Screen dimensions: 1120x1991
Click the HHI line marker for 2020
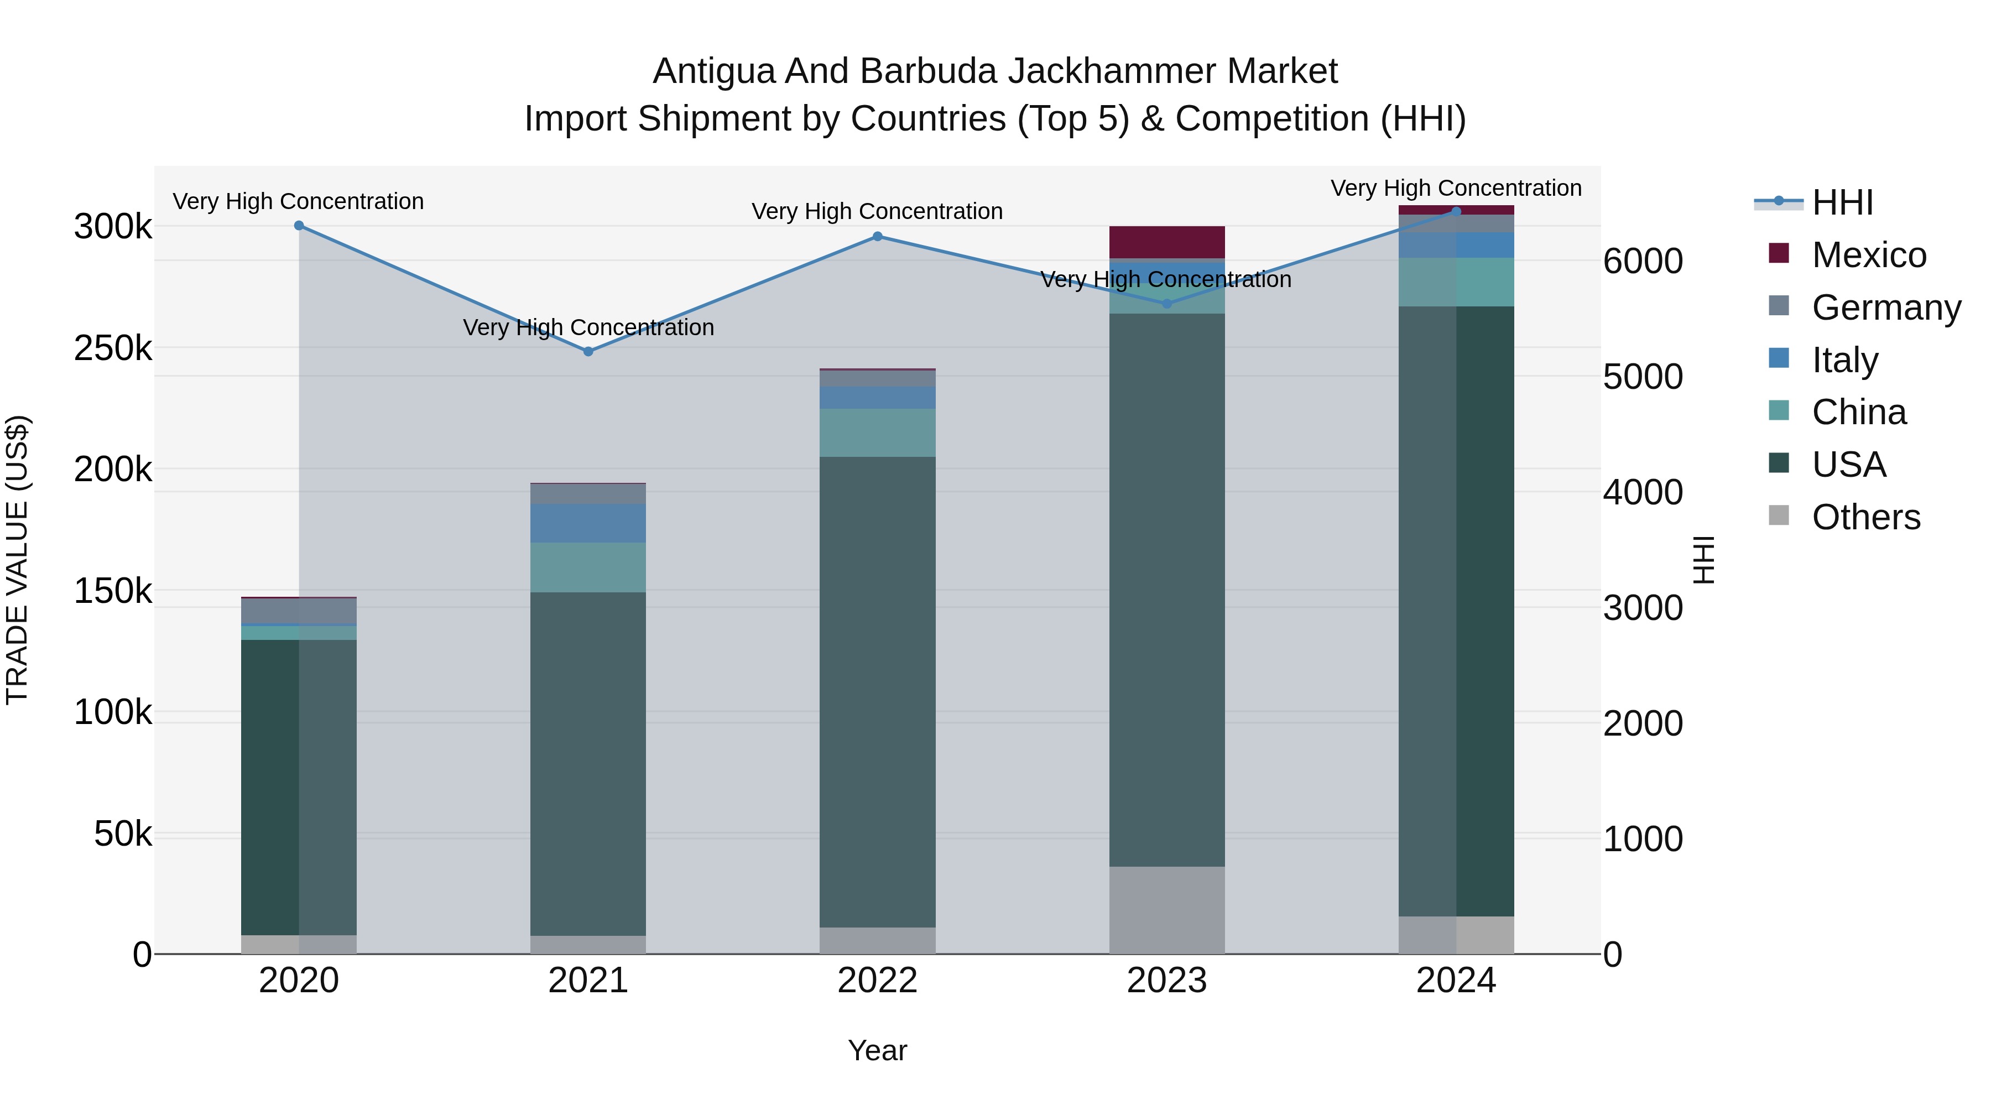click(299, 226)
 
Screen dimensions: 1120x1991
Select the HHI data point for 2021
click(588, 352)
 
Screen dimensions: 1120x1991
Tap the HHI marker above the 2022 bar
click(877, 237)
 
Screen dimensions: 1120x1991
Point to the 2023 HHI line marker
click(1167, 304)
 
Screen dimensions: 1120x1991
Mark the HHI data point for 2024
click(1456, 211)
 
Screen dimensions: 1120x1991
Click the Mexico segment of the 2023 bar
click(1167, 242)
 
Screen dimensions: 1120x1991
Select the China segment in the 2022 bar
click(877, 433)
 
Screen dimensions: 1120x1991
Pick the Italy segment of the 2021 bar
click(588, 523)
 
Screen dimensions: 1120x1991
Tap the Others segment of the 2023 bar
click(1167, 910)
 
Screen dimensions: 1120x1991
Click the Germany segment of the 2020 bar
click(299, 611)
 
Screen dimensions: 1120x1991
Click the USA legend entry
click(1849, 465)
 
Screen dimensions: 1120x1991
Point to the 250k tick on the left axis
click(113, 348)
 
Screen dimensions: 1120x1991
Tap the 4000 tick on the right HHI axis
click(1643, 492)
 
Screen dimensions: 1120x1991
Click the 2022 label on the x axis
click(877, 981)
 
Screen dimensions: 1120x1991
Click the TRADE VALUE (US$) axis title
click(17, 560)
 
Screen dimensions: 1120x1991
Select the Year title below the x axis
click(877, 1050)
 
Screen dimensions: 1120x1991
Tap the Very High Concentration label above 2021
click(588, 328)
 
